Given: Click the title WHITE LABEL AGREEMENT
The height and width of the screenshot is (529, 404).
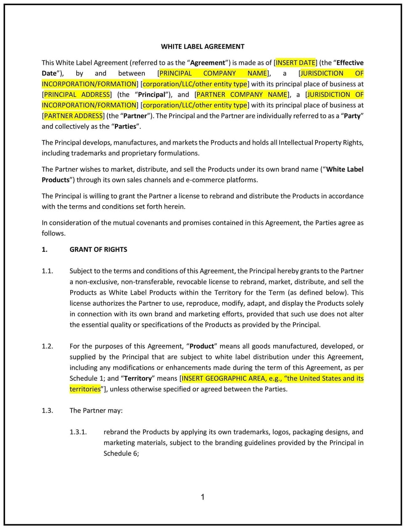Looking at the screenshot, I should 202,47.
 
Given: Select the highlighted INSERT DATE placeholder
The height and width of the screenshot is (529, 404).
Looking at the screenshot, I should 295,63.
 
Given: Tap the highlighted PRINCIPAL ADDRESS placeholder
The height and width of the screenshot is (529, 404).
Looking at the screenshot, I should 77,95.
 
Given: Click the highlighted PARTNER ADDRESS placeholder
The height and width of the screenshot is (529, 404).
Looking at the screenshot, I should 73,116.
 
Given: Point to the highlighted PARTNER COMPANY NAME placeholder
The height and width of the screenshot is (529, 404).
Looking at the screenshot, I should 242,95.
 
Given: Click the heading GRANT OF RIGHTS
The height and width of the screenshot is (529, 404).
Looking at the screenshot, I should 98,249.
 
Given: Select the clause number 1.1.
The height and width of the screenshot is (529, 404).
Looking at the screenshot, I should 47,271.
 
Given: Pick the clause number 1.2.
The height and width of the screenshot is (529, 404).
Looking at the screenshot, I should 47,346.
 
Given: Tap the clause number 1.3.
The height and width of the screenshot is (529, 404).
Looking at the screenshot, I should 47,410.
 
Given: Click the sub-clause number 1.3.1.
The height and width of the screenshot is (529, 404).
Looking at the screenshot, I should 78,432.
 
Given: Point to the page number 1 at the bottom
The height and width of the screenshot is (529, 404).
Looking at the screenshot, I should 202,497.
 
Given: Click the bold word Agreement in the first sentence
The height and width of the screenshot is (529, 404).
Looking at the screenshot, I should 208,63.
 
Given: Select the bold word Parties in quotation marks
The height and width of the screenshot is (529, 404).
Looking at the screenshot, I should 125,127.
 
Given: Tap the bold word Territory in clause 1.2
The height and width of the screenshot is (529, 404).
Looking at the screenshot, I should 138,378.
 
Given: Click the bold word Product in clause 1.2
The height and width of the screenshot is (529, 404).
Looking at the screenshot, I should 202,346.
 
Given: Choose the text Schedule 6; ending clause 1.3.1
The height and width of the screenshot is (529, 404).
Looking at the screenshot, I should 121,453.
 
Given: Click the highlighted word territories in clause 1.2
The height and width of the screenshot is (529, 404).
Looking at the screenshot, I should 85,389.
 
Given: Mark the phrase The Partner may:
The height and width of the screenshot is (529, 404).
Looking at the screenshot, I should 96,410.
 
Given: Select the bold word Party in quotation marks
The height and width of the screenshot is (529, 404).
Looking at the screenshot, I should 353,116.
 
